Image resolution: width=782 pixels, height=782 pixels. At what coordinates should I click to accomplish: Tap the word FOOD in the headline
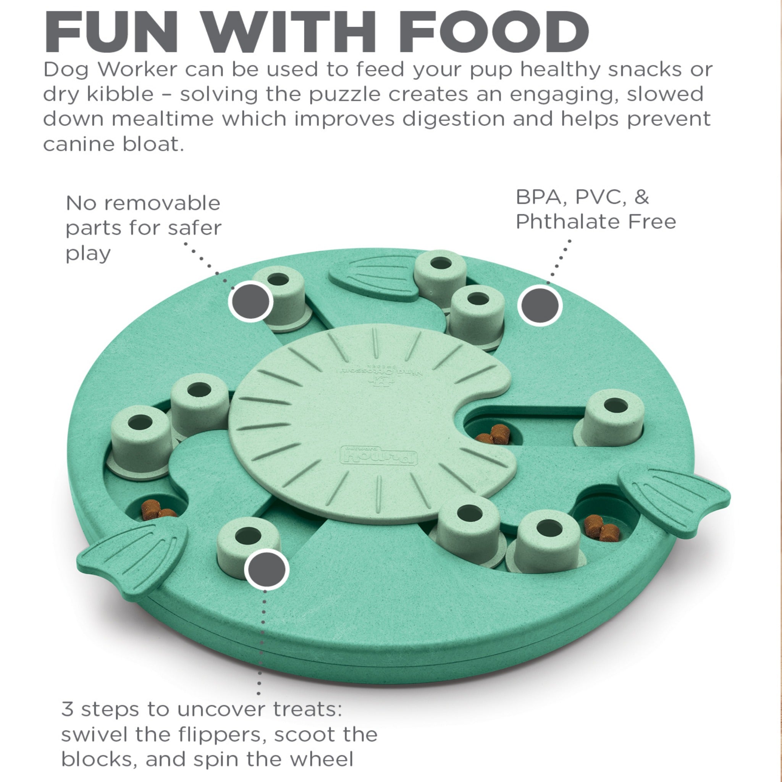pyautogui.click(x=494, y=32)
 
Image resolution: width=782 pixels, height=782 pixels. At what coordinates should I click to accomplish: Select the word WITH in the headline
pyautogui.click(x=290, y=32)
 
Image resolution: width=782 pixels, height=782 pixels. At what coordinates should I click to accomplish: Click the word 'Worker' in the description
pyautogui.click(x=137, y=69)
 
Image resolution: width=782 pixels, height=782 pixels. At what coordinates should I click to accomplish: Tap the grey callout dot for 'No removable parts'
pyautogui.click(x=250, y=301)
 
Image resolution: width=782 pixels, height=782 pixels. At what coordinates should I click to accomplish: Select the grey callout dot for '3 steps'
pyautogui.click(x=267, y=569)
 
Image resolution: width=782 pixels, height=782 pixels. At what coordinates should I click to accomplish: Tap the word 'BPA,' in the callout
pyautogui.click(x=542, y=198)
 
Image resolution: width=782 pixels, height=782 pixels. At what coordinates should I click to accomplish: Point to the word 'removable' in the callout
pyautogui.click(x=162, y=203)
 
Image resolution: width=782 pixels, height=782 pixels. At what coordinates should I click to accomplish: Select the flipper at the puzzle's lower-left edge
pyautogui.click(x=132, y=561)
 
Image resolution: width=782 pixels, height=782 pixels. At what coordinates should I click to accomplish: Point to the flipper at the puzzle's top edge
pyautogui.click(x=373, y=277)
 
